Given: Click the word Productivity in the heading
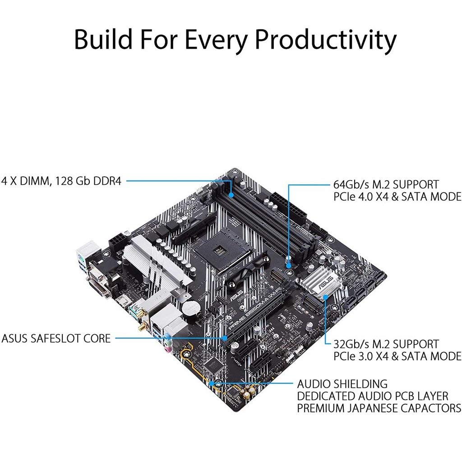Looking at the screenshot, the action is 326,40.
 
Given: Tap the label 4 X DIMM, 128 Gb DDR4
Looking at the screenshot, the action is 61,180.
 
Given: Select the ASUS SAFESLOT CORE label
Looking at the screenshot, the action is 56,338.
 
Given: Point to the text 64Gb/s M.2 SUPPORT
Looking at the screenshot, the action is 386,185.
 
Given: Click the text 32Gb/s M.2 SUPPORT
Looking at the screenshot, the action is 386,344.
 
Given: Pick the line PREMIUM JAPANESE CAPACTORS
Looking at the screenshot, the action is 379,408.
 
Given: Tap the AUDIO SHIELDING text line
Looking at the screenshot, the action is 342,384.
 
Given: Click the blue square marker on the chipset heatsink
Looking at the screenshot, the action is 326,297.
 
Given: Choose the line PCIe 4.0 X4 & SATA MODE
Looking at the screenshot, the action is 397,197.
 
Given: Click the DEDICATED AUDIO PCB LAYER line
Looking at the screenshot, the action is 372,396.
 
